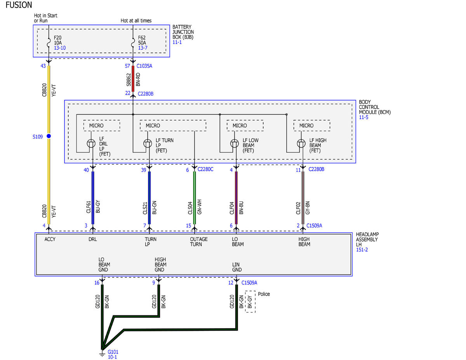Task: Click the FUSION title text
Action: point(19,5)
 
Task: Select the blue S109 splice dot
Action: point(49,136)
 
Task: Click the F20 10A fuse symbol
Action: point(49,42)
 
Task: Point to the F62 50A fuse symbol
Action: point(133,42)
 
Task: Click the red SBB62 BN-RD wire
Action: point(133,79)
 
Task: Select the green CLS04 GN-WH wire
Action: point(194,198)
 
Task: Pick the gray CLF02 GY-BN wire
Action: point(303,198)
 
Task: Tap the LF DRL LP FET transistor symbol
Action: point(91,143)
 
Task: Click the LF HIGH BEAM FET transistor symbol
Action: point(301,143)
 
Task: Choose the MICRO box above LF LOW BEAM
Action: point(245,125)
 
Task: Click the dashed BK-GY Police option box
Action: point(250,301)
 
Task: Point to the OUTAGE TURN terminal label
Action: point(198,242)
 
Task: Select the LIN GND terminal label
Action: point(237,267)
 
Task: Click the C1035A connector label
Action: point(144,66)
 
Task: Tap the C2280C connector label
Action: point(205,169)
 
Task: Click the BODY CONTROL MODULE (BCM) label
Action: point(375,107)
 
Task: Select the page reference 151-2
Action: point(362,250)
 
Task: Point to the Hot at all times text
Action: point(136,21)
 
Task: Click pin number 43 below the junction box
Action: point(43,66)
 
